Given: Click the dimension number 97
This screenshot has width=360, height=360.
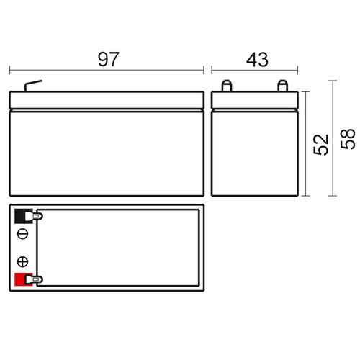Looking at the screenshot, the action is (108, 59).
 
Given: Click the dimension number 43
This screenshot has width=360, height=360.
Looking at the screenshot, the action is (257, 60).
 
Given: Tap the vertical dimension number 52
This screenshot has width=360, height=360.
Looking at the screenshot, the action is (321, 144).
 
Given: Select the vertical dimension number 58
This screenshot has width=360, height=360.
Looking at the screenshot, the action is (348, 139).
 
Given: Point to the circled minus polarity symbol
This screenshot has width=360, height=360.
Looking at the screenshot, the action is (23, 234).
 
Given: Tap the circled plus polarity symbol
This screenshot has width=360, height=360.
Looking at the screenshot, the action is (23, 261).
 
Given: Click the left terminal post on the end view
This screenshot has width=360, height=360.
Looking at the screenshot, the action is (226, 86).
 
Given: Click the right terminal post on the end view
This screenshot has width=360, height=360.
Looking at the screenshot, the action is (282, 86).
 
